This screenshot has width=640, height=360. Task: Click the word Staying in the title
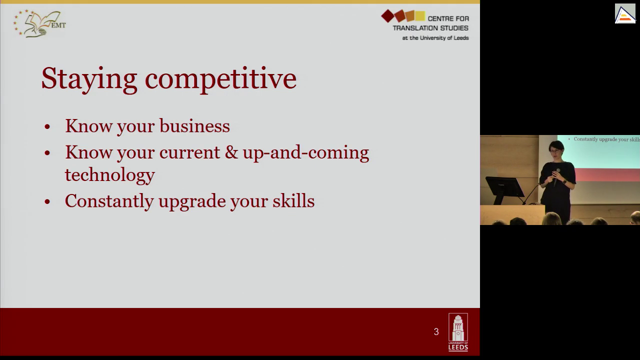(89, 79)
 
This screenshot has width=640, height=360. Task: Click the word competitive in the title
(221, 79)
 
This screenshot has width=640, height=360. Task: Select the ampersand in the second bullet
(231, 152)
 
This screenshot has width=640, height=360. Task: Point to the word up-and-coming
(306, 153)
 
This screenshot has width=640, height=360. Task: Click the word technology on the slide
(110, 175)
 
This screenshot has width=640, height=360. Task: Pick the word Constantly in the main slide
(109, 201)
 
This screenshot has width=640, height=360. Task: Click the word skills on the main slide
(293, 200)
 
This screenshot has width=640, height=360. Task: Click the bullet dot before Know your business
(47, 126)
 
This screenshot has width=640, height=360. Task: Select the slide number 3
(436, 331)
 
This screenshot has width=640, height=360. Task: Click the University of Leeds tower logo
(458, 332)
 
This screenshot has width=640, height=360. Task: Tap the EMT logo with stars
(39, 23)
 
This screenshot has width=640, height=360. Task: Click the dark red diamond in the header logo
(387, 16)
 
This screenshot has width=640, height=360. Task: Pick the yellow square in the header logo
(420, 16)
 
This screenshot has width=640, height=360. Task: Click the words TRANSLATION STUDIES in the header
(430, 28)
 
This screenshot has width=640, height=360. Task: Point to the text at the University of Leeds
(435, 37)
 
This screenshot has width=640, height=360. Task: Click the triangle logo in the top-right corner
(625, 13)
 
